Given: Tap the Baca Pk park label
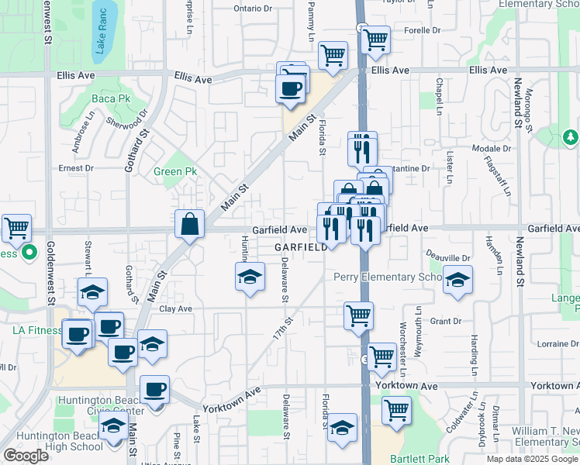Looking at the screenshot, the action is point(112,98).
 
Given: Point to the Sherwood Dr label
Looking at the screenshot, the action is point(127,122).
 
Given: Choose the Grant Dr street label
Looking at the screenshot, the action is point(446,321).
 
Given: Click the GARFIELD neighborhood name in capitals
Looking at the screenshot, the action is point(300,247).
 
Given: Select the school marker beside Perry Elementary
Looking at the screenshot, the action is point(458,280).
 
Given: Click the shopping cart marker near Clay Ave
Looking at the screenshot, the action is point(358,315).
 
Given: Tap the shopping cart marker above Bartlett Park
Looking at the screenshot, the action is point(396,408).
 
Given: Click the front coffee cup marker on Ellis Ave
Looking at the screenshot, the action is point(290,88).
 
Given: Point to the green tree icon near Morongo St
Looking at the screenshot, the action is point(571,137).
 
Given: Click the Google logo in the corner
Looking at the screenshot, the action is point(26,456).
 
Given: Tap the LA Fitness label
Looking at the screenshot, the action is point(36,330).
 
